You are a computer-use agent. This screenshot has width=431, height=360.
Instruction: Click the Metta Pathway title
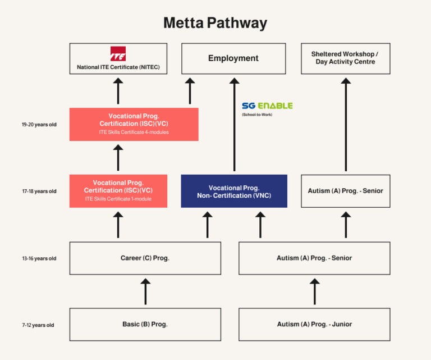pyautogui.click(x=215, y=23)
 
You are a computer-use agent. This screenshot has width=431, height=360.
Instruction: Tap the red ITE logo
pyautogui.click(x=118, y=54)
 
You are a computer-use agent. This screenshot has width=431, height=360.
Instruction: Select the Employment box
pyautogui.click(x=233, y=58)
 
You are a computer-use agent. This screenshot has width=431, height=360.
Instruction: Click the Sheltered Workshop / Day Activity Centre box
pyautogui.click(x=345, y=58)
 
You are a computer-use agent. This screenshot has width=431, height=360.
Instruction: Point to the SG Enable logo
pyautogui.click(x=267, y=106)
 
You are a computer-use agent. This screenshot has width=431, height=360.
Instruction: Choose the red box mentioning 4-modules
pyautogui.click(x=134, y=124)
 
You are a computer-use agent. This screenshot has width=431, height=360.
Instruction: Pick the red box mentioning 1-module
pyautogui.click(x=118, y=191)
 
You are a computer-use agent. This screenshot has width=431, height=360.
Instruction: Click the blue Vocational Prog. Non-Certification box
pyautogui.click(x=233, y=191)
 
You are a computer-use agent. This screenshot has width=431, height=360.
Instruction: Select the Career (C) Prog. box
pyautogui.click(x=145, y=258)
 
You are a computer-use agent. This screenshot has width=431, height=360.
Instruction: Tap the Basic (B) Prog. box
pyautogui.click(x=145, y=324)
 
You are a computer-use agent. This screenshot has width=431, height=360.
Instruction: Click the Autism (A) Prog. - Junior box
pyautogui.click(x=314, y=324)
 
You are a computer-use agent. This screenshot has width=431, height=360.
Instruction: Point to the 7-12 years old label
pyautogui.click(x=38, y=325)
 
